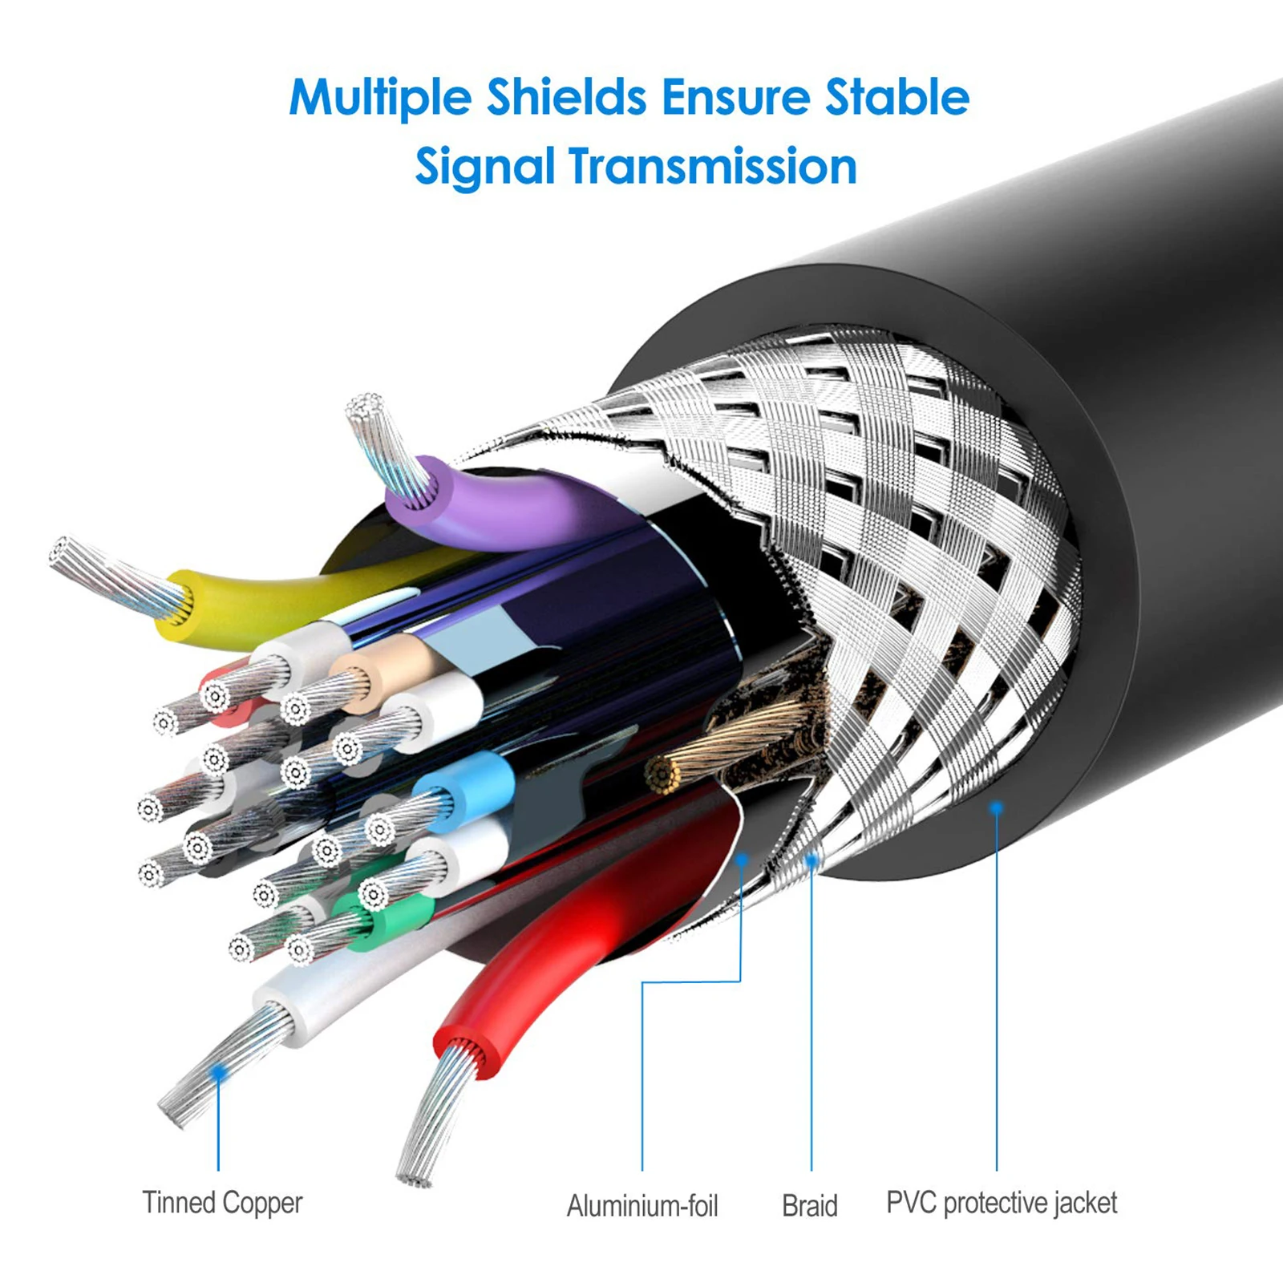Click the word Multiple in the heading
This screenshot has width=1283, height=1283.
click(x=380, y=98)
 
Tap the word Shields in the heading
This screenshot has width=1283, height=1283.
click(x=566, y=98)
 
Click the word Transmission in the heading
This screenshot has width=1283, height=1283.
click(x=713, y=167)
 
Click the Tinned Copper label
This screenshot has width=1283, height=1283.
click(x=222, y=1203)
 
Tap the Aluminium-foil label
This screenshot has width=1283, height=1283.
click(x=641, y=1205)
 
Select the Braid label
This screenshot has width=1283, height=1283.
click(x=809, y=1205)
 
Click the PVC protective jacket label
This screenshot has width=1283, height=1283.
click(x=1001, y=1203)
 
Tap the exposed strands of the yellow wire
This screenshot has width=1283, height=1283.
click(x=112, y=573)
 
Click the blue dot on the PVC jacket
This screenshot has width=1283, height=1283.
click(x=997, y=808)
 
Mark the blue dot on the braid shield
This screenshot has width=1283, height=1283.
click(x=811, y=861)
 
